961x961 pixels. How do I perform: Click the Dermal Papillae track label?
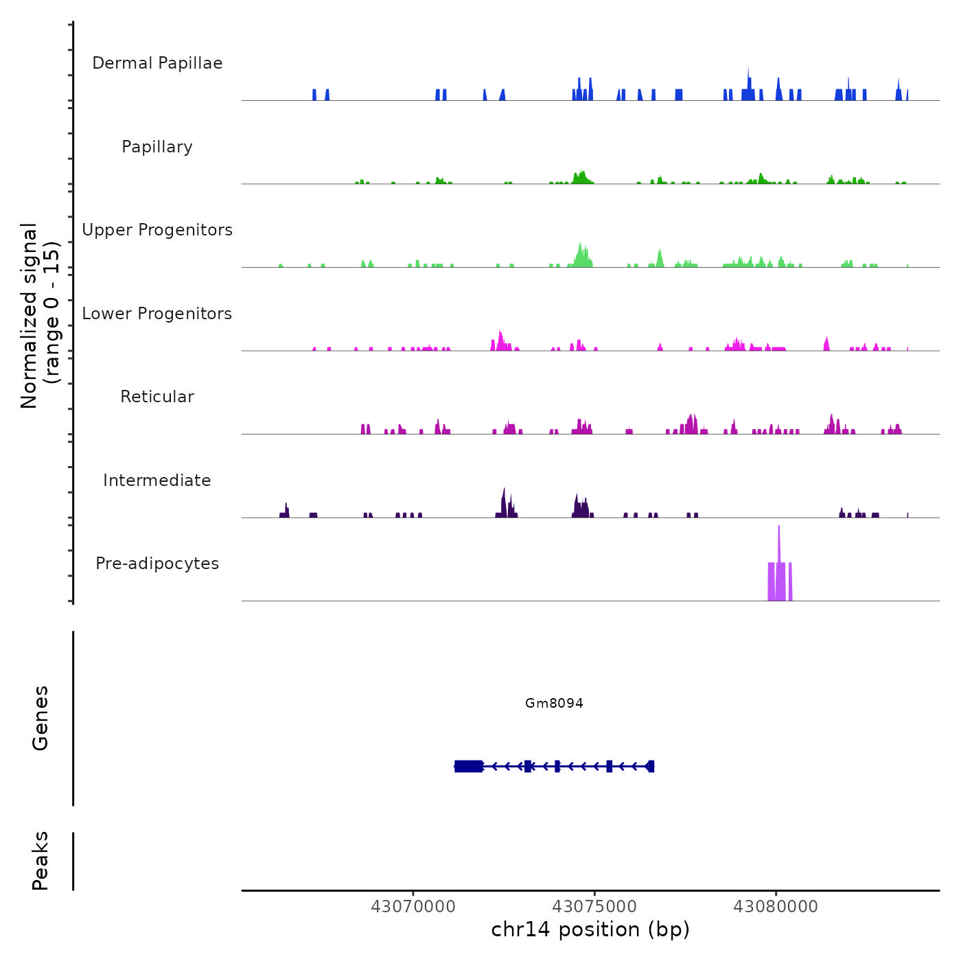157,63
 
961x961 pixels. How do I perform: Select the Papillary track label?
157,147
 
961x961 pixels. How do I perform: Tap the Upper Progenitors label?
157,230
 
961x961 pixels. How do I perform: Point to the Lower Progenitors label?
157,314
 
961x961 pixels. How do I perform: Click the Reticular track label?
157,397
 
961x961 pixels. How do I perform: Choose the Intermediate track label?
157,480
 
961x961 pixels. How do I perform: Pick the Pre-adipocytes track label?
157,564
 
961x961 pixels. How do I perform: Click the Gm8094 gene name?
554,703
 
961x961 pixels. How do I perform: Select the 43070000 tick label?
413,907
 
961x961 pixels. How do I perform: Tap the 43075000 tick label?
594,907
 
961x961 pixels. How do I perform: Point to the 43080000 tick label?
776,907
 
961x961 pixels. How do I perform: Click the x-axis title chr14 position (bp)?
590,929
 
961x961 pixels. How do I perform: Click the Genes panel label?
40,718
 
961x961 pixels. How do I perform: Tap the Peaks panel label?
40,861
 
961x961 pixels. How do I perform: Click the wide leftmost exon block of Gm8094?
469,766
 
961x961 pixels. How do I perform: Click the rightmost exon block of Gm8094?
651,766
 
